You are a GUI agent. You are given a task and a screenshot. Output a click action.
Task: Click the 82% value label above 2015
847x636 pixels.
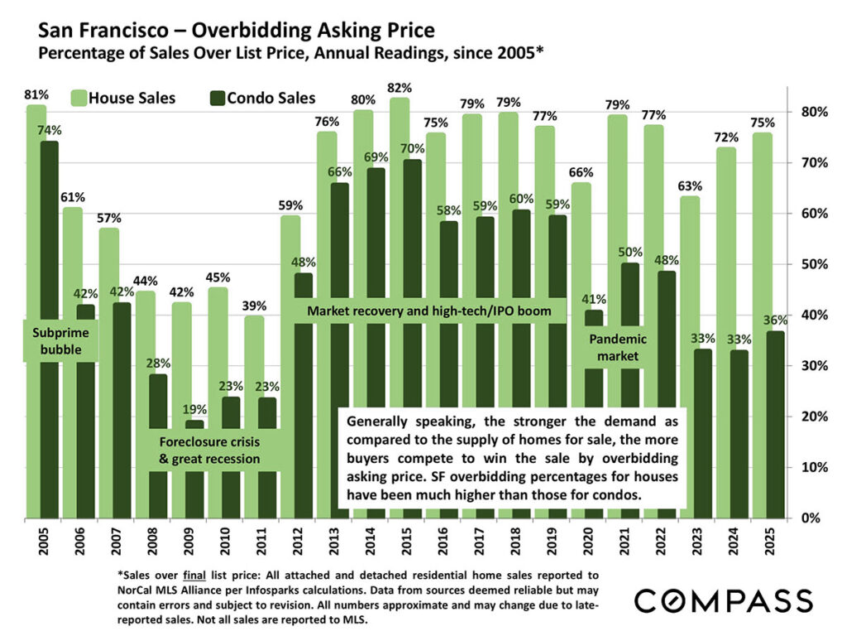tap(400, 88)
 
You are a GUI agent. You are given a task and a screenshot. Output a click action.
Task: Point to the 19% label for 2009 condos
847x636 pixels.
tap(194, 408)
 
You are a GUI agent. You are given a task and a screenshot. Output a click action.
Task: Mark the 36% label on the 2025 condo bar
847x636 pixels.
tap(776, 320)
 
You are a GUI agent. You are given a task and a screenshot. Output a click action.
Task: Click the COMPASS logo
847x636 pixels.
tap(725, 600)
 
